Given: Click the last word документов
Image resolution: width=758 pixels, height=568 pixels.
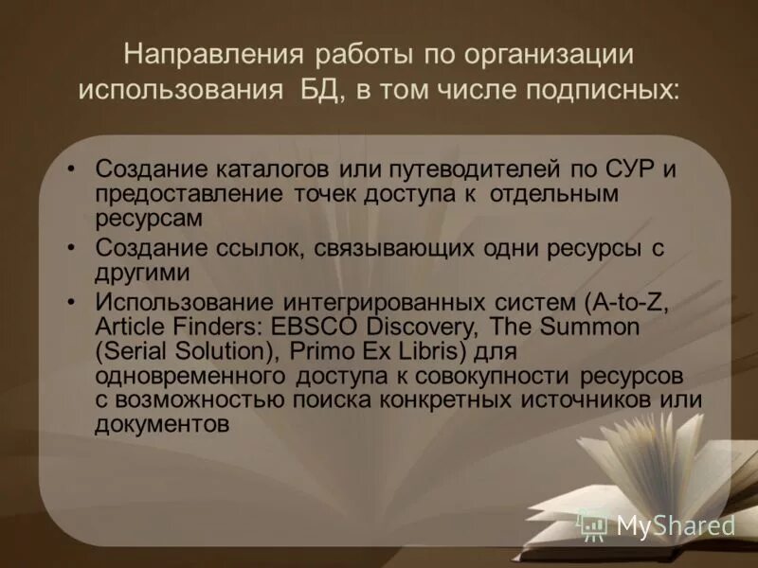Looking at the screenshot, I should pyautogui.click(x=162, y=423).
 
